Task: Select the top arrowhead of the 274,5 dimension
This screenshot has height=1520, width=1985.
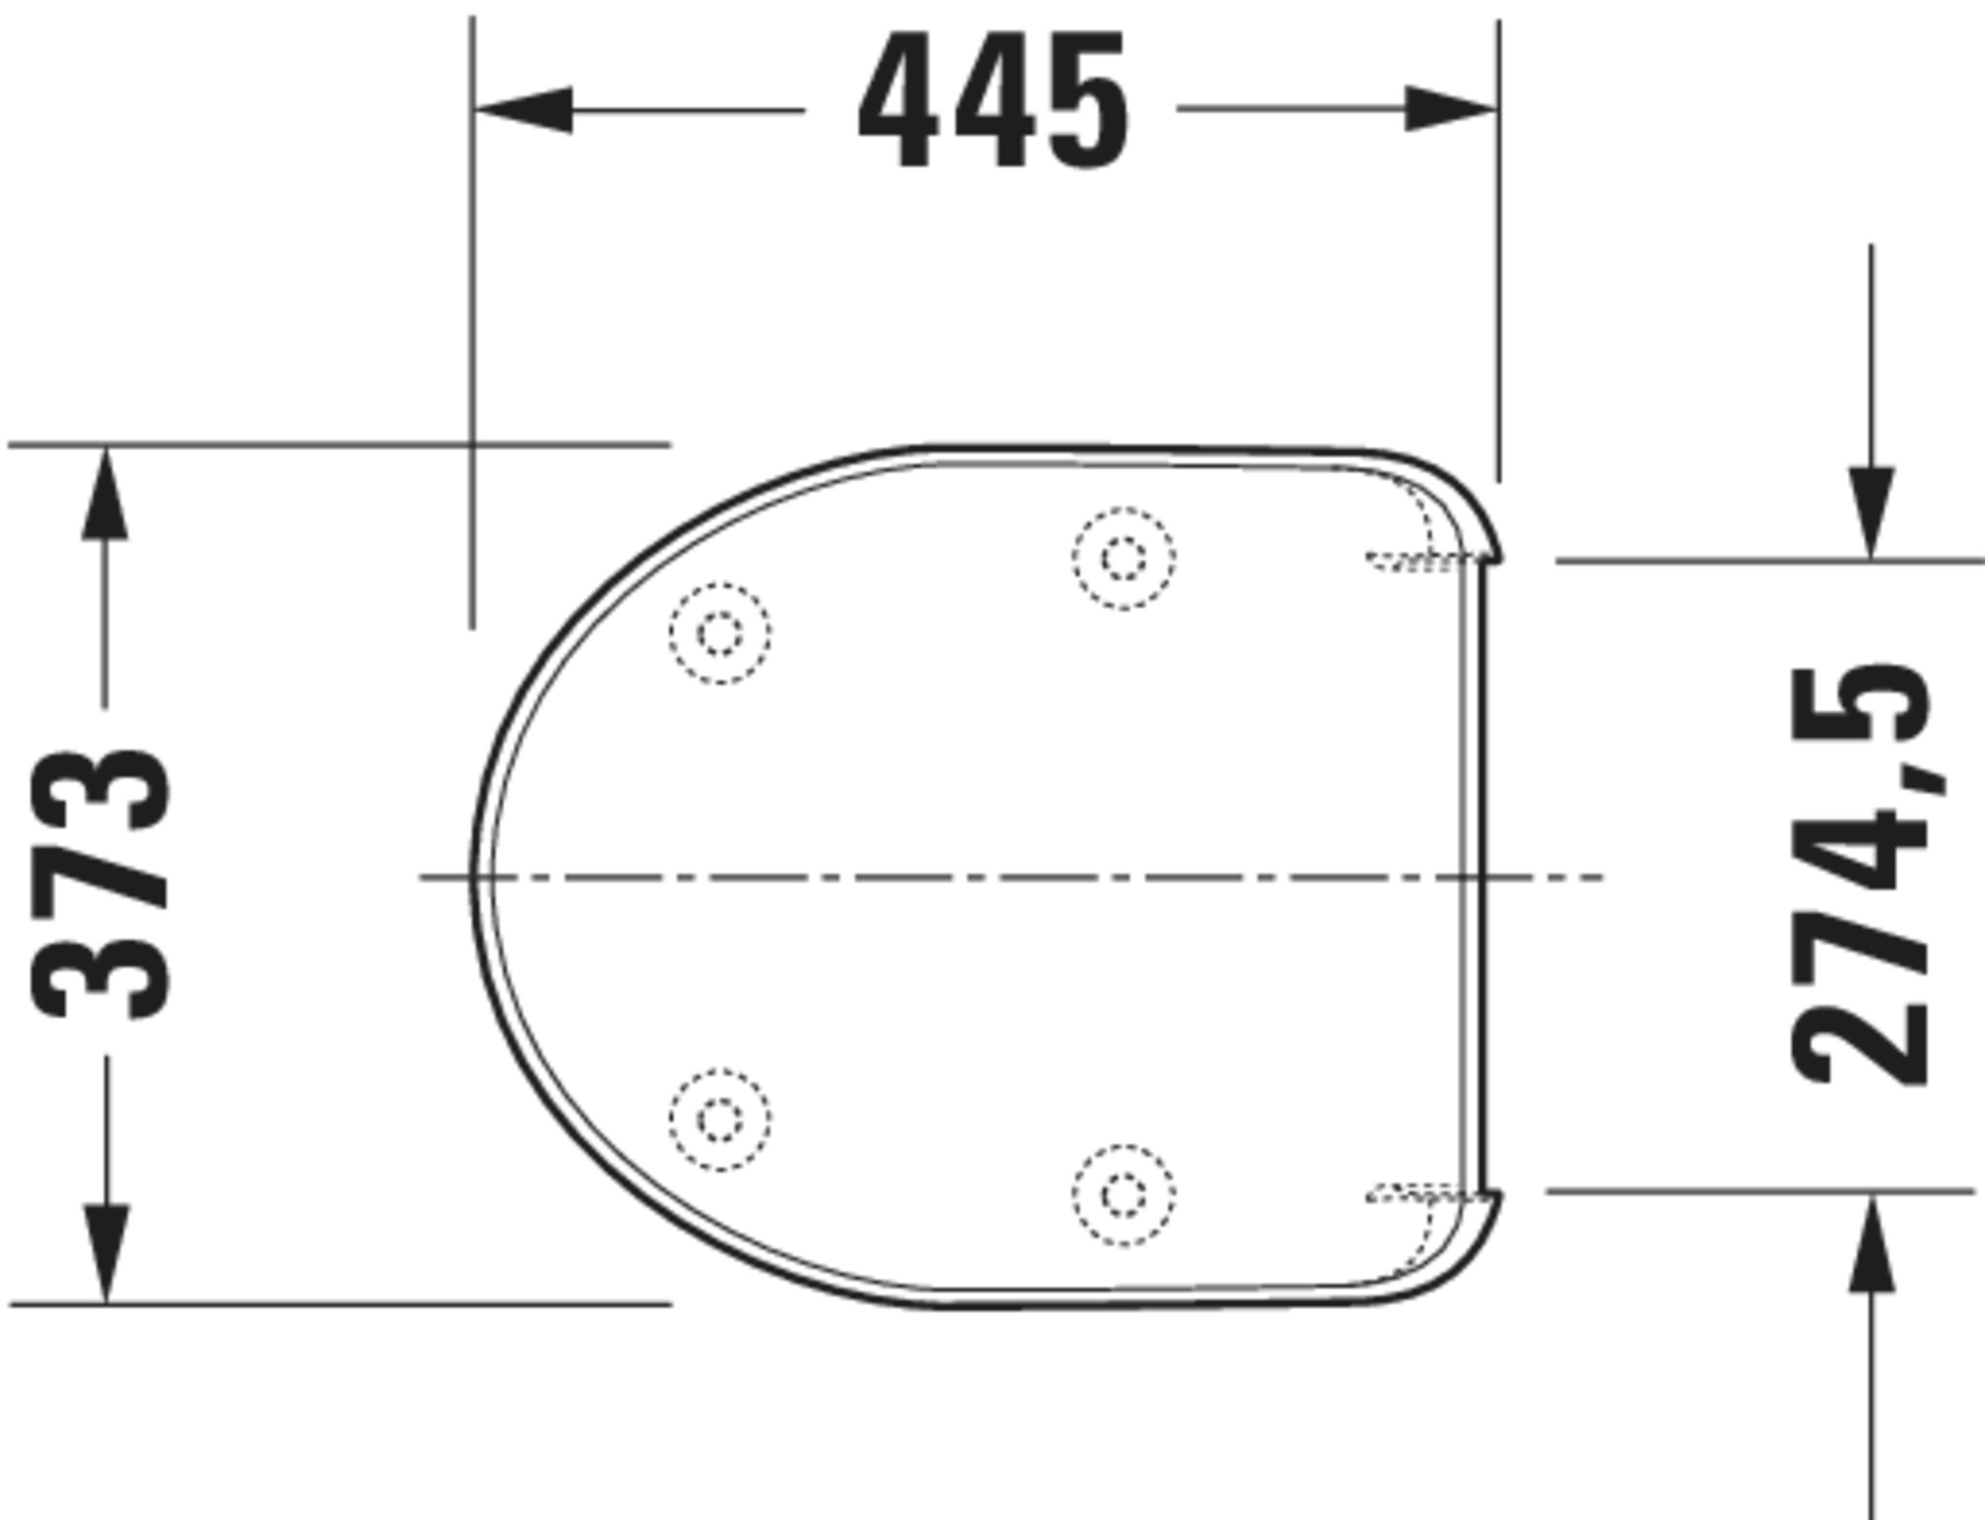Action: tap(1871, 513)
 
